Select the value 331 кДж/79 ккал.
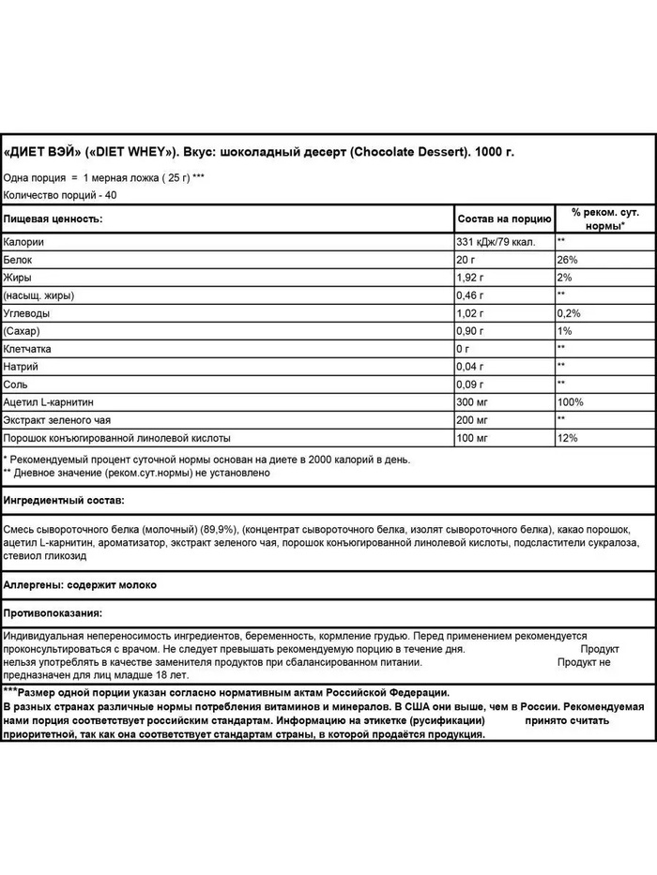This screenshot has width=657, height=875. pos(499,242)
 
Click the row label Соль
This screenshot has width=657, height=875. pos(16,385)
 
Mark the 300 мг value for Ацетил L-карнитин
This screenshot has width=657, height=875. pos(472,402)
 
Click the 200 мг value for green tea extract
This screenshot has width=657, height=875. pos(472,420)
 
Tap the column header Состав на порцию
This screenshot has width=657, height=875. pos(503,219)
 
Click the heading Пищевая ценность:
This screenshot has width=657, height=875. pos(53,219)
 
